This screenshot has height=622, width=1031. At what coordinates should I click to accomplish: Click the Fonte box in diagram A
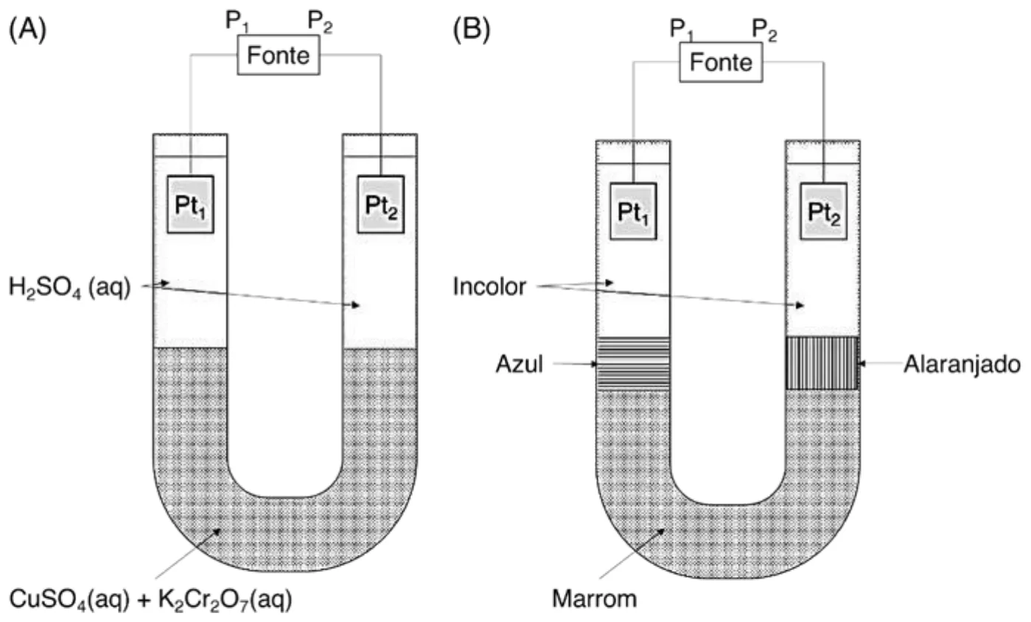(279, 55)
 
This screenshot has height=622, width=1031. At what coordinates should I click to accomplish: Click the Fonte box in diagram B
(721, 62)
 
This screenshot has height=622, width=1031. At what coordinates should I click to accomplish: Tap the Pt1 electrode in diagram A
(190, 204)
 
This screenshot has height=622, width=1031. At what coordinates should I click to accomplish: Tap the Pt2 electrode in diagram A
(381, 204)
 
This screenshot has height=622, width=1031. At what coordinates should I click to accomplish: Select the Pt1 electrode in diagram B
(633, 212)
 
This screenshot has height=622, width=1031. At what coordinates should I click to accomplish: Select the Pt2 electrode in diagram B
(823, 212)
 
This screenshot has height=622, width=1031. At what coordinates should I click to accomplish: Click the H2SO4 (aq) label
(70, 287)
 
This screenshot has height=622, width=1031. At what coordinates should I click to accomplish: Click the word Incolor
(489, 287)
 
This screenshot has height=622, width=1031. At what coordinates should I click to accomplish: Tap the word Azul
(519, 364)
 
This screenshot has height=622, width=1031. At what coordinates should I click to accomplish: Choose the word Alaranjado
(962, 365)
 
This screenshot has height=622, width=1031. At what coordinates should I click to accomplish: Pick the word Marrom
(594, 599)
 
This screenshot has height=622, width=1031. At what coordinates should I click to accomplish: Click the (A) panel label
(27, 29)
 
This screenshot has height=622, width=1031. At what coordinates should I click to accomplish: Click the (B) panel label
(472, 29)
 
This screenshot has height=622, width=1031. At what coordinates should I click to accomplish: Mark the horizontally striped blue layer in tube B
(633, 364)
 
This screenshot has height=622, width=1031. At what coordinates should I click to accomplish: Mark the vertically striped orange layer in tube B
(822, 363)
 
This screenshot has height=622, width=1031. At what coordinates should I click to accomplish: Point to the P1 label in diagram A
(237, 21)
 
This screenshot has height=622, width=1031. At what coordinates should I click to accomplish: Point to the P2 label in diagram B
(764, 30)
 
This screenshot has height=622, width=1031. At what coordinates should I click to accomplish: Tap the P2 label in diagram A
(320, 21)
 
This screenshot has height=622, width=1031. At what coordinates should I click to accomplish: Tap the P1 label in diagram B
(682, 29)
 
